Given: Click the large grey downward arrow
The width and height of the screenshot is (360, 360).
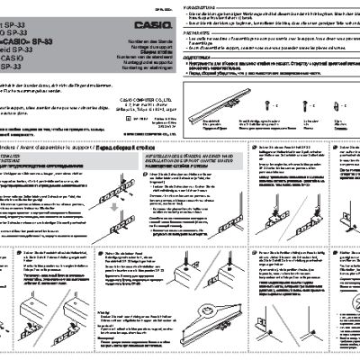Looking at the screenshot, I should [35, 183].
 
